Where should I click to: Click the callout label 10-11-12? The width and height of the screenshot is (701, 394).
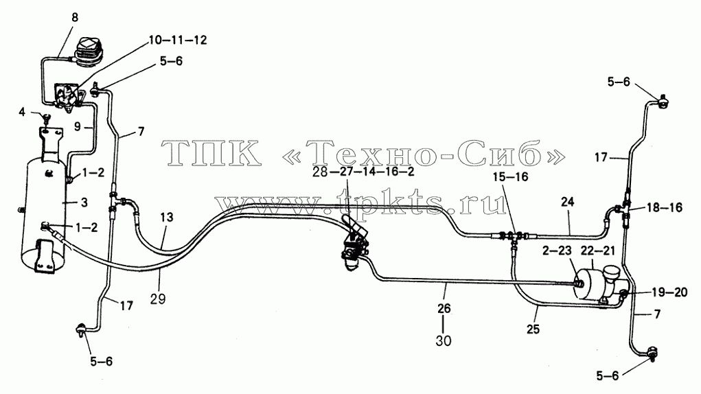(178, 40)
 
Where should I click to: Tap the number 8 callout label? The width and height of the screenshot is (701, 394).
(75, 17)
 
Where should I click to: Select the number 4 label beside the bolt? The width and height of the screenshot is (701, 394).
(22, 112)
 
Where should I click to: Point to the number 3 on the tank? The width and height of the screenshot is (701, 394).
(84, 202)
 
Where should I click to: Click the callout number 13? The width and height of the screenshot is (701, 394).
(166, 218)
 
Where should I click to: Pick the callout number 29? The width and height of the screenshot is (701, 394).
(158, 299)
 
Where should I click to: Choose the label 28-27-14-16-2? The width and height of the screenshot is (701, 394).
(363, 172)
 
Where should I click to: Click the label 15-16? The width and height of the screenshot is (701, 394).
(511, 177)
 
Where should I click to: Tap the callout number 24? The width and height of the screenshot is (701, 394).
(567, 202)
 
